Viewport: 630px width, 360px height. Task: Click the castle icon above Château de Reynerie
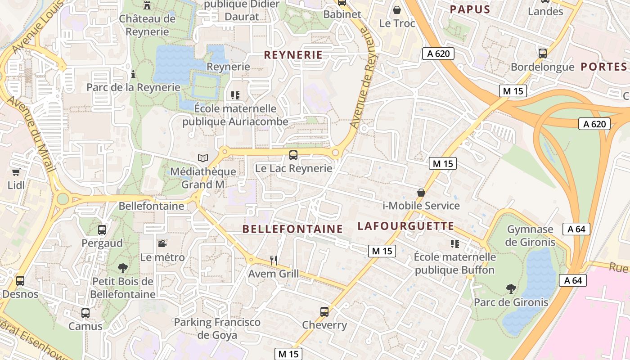click(x=147, y=5)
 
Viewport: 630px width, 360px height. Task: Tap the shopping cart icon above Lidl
click(x=16, y=172)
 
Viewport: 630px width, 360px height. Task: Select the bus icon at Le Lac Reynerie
click(x=293, y=155)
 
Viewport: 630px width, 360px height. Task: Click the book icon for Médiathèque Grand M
click(x=203, y=158)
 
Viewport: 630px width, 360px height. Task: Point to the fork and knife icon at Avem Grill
click(x=273, y=260)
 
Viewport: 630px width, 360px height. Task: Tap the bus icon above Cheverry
click(x=324, y=311)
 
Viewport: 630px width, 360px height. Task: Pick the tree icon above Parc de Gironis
click(x=511, y=288)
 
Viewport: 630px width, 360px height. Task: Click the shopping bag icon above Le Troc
click(x=397, y=9)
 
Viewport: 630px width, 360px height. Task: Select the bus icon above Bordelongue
click(x=543, y=53)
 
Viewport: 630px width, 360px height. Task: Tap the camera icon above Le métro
click(x=162, y=243)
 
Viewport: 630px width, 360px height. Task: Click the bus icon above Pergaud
click(x=102, y=229)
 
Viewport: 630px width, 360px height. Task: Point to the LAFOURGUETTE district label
click(x=406, y=226)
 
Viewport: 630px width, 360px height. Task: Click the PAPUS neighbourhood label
click(x=470, y=9)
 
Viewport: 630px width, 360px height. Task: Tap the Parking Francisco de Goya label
click(x=217, y=328)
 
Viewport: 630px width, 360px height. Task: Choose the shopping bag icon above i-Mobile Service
click(x=421, y=193)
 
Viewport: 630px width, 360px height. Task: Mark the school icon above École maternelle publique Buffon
click(x=454, y=244)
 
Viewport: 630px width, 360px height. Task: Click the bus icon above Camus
click(x=85, y=313)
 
